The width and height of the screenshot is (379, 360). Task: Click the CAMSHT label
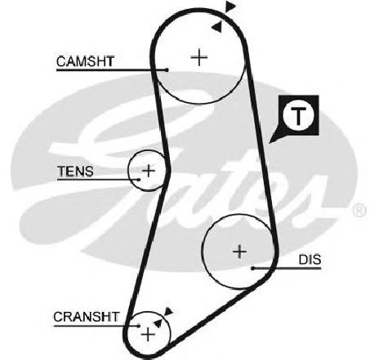(85, 61)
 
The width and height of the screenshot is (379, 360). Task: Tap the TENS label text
(75, 171)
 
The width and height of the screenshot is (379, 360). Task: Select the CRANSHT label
(87, 317)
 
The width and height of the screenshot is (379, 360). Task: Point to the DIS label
(310, 260)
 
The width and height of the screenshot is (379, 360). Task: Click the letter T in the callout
(298, 116)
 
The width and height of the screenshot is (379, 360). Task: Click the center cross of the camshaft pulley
(199, 57)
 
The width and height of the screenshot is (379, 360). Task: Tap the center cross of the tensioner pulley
(149, 171)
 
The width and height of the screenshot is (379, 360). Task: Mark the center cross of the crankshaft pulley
(148, 335)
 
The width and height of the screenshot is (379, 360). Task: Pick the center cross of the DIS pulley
(239, 251)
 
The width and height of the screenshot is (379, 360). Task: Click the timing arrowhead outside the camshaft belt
(230, 7)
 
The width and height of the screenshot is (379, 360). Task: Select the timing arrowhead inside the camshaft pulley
(217, 27)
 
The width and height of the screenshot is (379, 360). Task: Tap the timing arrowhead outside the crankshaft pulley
(168, 311)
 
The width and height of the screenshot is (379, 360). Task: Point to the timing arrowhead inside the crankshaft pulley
(158, 322)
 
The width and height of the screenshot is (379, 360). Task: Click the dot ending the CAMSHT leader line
(167, 70)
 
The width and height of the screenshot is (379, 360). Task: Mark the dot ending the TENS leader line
(139, 180)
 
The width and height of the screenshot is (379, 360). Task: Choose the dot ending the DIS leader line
(252, 269)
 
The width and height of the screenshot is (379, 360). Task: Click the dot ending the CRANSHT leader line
(139, 326)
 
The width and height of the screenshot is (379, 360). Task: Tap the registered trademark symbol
(359, 211)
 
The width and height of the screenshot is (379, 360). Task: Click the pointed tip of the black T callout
(269, 143)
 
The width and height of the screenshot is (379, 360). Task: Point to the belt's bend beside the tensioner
(168, 171)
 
